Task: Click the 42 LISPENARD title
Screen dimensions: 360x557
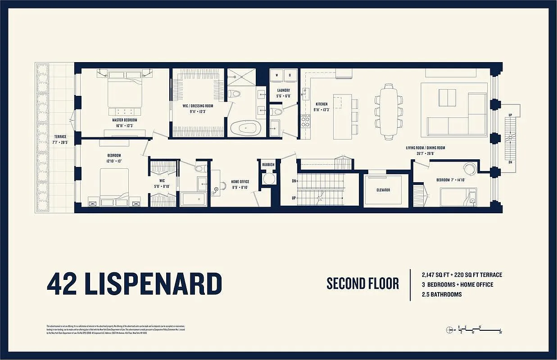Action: point(134,283)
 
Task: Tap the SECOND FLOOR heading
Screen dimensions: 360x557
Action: point(362,283)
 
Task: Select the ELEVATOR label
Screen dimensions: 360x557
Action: point(383,190)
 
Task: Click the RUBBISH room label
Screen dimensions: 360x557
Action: point(269,165)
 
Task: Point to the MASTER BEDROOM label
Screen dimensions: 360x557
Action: point(125,120)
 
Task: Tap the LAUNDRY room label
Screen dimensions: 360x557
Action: point(284,90)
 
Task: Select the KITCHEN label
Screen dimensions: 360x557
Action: point(322,104)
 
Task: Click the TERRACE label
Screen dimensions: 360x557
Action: point(60,136)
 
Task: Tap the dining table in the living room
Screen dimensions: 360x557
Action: point(389,111)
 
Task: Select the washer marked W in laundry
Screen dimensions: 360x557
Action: point(276,75)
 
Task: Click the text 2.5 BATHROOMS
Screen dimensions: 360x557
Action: point(441,294)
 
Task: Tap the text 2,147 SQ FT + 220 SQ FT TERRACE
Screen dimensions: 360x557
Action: point(462,274)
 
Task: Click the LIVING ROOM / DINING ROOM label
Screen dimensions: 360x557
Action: point(426,148)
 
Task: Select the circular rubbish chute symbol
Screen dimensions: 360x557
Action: point(269,179)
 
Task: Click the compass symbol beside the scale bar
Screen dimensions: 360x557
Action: point(449,329)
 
